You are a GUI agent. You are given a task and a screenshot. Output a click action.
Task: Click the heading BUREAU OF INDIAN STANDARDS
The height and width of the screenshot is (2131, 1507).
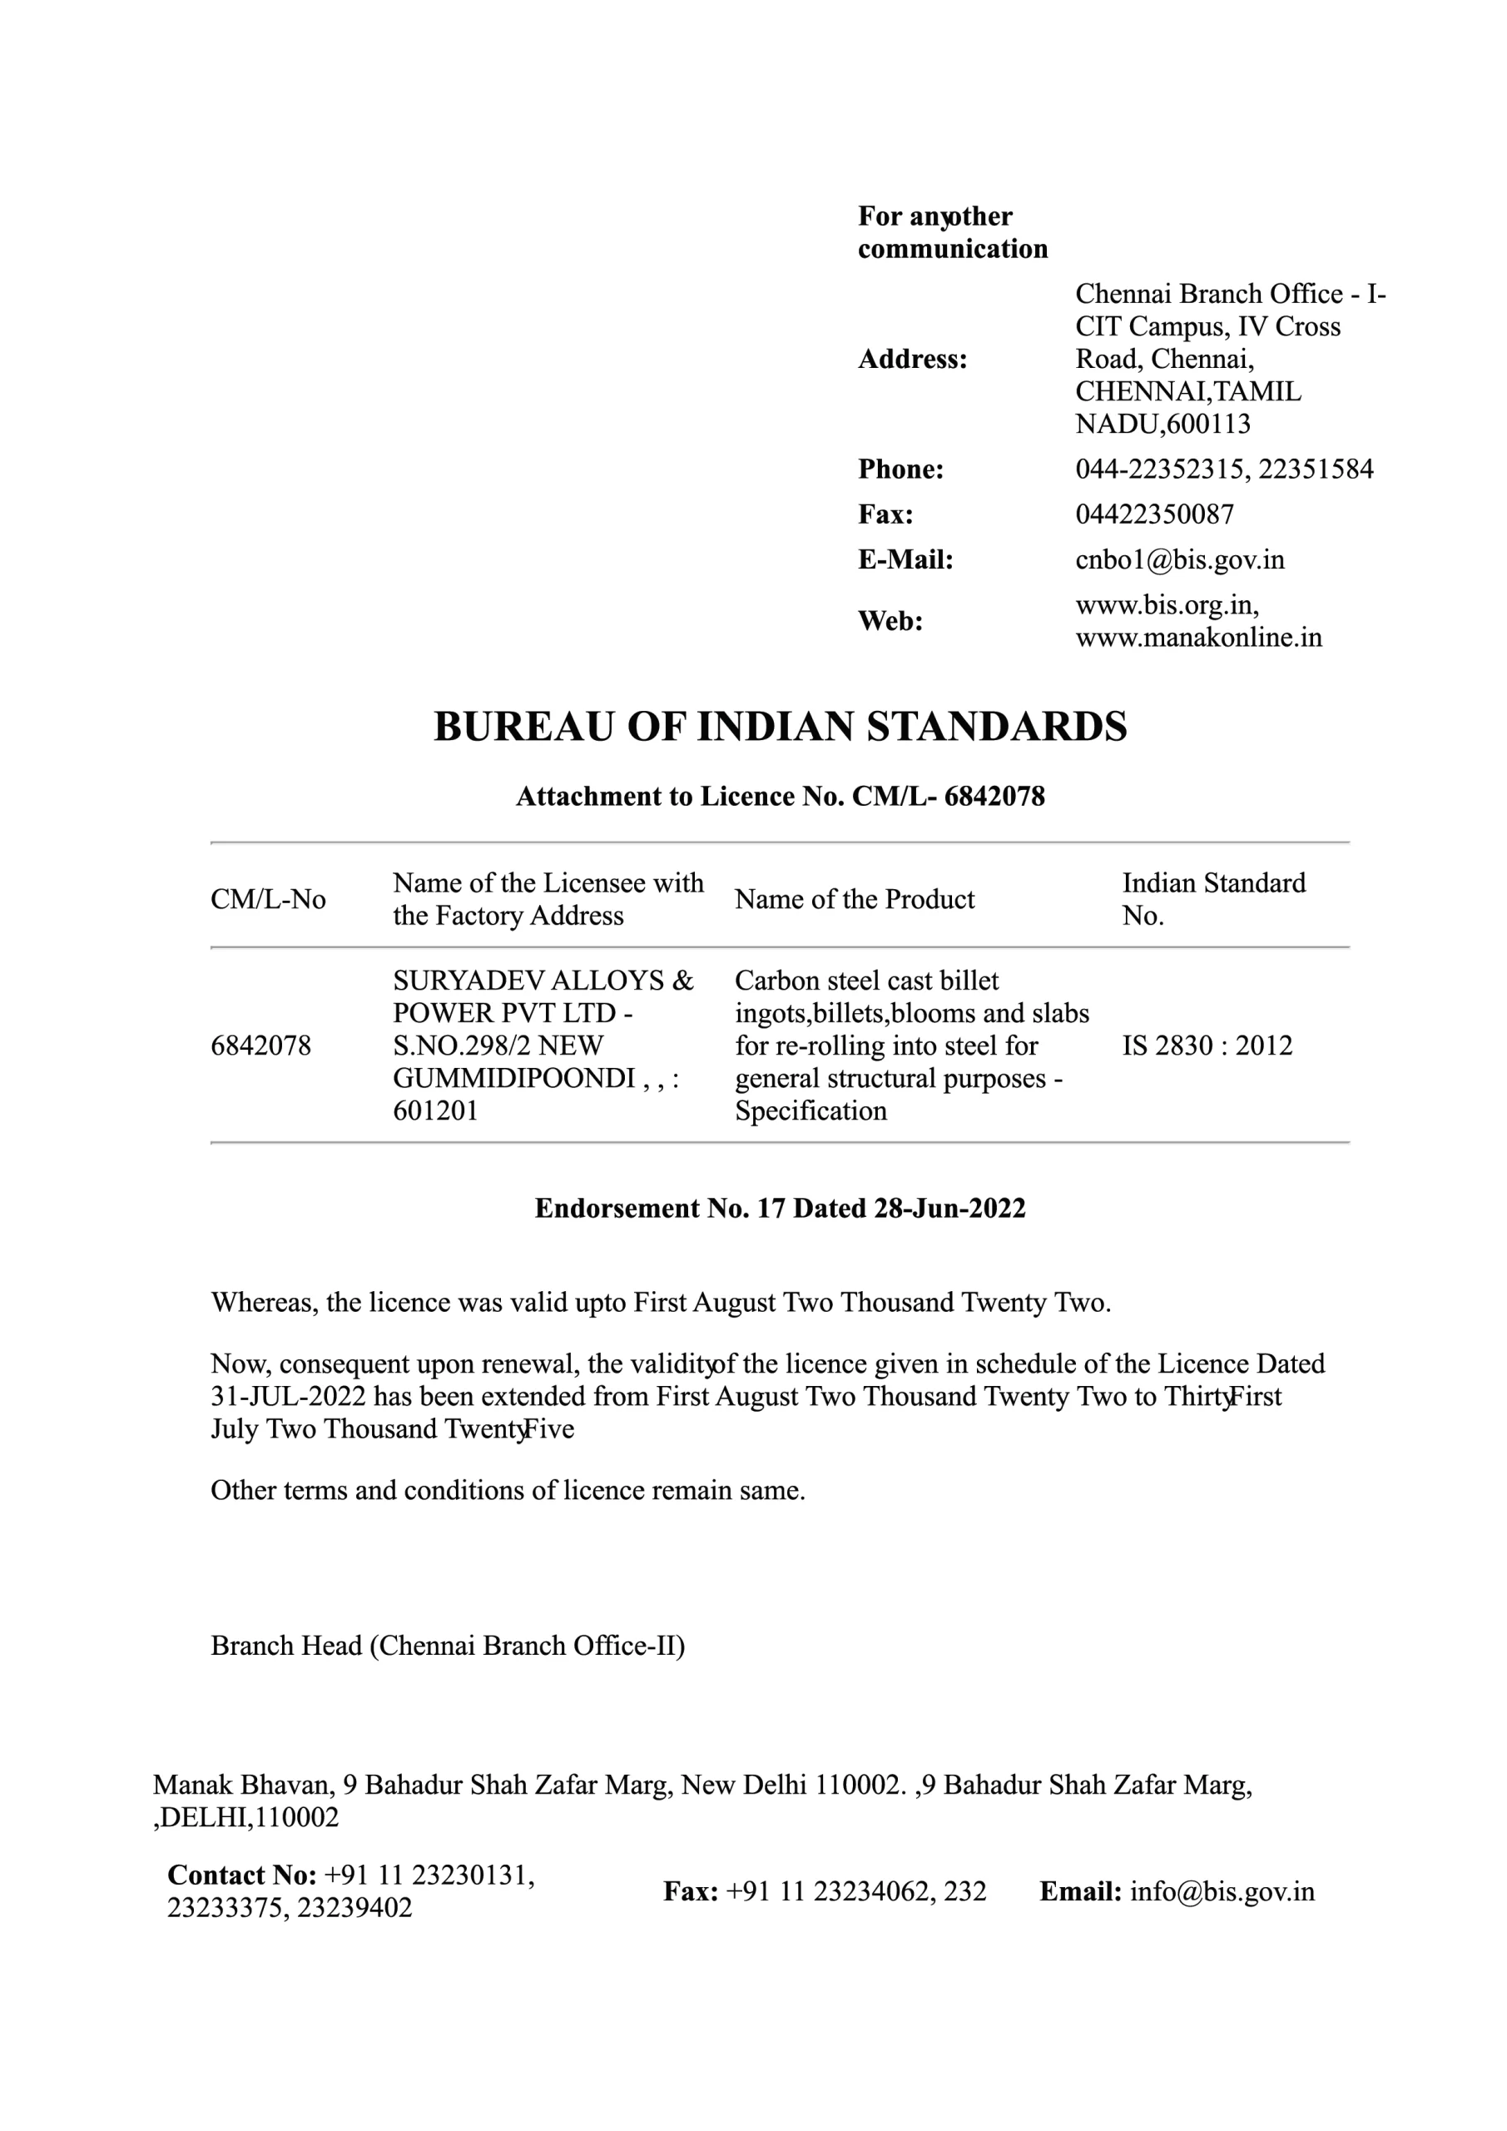[780, 727]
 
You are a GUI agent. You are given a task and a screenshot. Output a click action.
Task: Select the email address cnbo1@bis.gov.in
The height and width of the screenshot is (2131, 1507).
[1179, 559]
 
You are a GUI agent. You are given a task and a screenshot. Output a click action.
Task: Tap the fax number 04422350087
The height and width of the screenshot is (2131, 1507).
[1154, 514]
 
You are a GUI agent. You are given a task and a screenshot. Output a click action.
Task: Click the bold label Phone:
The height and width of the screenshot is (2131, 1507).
[900, 469]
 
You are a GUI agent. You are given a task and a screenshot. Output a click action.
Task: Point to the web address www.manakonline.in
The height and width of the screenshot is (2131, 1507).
[1198, 638]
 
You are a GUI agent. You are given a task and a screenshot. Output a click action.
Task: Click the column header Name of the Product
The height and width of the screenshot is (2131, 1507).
[854, 899]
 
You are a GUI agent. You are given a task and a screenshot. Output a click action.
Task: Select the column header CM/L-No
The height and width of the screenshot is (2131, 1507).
[268, 899]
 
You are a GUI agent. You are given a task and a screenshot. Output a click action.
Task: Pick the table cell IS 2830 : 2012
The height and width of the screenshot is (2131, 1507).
[1207, 1046]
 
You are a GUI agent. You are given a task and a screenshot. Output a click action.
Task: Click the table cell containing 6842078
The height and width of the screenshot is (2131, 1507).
[260, 1046]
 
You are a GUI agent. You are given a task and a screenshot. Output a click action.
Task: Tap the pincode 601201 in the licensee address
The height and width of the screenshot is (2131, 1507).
[435, 1111]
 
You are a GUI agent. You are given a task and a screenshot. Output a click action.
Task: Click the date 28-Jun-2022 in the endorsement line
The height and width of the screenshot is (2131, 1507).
[949, 1209]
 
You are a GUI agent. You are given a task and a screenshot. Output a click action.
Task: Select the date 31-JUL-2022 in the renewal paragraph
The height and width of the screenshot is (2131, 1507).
[288, 1397]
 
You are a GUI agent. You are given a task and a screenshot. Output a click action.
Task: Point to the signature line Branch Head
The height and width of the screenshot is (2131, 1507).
[285, 1646]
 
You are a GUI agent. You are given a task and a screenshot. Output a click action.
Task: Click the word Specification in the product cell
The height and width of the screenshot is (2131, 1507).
[811, 1111]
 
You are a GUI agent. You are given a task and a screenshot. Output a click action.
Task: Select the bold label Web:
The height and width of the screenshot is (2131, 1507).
[890, 621]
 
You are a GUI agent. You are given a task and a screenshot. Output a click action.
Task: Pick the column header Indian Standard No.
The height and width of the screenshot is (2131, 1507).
[1212, 899]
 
